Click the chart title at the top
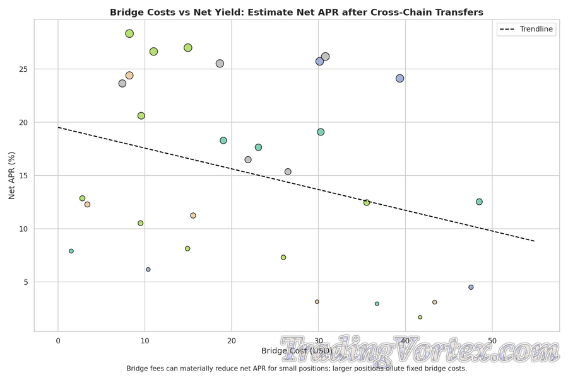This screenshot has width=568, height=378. (x=297, y=12)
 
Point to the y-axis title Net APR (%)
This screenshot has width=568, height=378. (x=11, y=175)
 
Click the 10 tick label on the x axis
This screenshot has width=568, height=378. (x=145, y=341)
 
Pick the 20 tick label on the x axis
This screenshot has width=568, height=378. (x=232, y=341)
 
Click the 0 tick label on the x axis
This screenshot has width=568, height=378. (x=58, y=341)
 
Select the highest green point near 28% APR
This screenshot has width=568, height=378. (x=129, y=33)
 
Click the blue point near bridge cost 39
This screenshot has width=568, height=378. (x=399, y=78)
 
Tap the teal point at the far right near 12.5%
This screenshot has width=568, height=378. (x=479, y=202)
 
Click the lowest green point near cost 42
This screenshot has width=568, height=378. (x=420, y=317)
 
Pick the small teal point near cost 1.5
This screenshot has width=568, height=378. (x=71, y=251)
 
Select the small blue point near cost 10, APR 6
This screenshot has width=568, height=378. (x=148, y=269)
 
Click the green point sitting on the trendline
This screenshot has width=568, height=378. (x=367, y=202)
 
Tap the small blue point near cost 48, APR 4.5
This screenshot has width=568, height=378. (x=471, y=287)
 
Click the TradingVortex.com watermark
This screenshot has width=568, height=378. (x=420, y=350)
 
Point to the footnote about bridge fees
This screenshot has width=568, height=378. (x=297, y=369)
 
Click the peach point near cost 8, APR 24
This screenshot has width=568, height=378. (x=129, y=75)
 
